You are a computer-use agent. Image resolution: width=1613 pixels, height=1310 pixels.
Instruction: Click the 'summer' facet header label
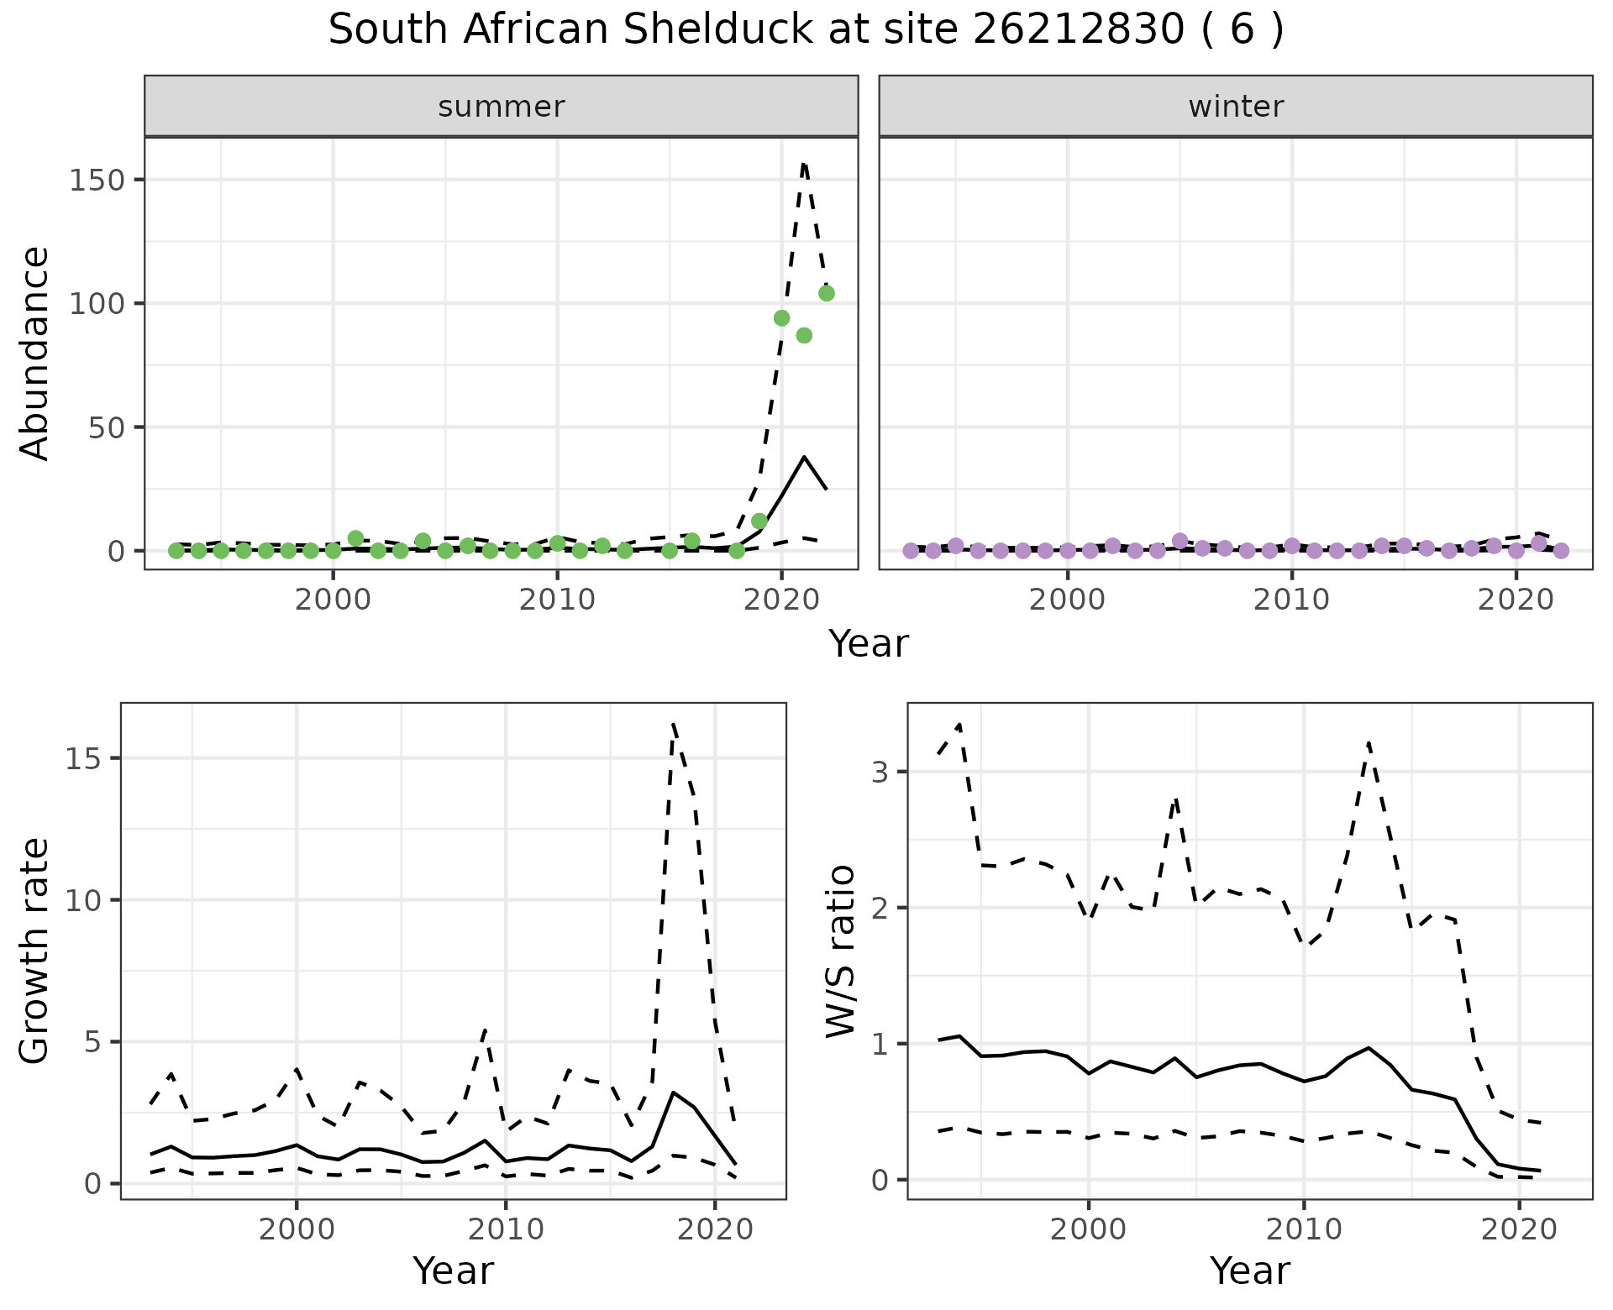502,107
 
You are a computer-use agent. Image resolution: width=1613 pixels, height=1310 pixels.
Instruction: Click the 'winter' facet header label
1236,107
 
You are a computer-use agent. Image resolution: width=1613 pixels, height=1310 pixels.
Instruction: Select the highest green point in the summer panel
826,293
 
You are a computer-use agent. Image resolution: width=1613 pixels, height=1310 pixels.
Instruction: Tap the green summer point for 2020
781,318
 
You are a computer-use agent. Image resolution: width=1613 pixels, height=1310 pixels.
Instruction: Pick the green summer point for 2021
804,335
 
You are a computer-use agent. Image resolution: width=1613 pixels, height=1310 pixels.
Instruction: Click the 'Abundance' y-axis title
35,353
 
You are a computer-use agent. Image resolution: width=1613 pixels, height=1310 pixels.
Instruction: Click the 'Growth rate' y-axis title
35,951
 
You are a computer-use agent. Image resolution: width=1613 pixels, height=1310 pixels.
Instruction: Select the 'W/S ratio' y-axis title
840,951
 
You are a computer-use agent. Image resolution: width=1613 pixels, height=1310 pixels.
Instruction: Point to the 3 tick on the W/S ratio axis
880,772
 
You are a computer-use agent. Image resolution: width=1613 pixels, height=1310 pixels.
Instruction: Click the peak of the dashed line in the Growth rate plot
674,724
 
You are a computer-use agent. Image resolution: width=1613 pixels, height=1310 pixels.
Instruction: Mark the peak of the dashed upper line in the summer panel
804,164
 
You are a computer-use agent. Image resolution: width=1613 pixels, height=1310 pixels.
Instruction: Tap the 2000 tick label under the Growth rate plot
296,1229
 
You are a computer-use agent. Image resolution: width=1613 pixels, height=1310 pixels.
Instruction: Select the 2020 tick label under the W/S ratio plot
1519,1229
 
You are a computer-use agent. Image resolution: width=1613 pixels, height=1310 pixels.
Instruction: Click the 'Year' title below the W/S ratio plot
1249,1271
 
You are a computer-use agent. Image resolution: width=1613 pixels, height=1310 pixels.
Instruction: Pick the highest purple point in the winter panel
1180,541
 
